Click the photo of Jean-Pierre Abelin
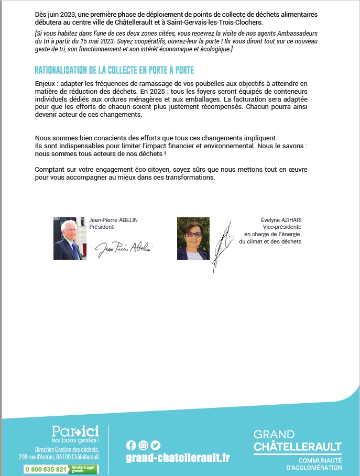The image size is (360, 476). pos(70,238)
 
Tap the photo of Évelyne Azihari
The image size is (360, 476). pos(193,238)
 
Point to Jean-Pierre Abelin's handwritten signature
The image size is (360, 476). pos(124,249)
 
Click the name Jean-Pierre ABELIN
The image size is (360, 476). pos(114,220)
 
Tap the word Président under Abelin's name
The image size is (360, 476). pos(101,227)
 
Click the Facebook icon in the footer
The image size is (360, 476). pos(131,445)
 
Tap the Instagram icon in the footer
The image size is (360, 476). pos(143,445)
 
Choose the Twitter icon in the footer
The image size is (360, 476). pos(156,445)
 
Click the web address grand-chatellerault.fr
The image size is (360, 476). pos(178,458)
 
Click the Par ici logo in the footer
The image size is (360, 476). pos(75,433)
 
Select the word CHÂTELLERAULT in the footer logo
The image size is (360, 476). pos(297,447)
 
